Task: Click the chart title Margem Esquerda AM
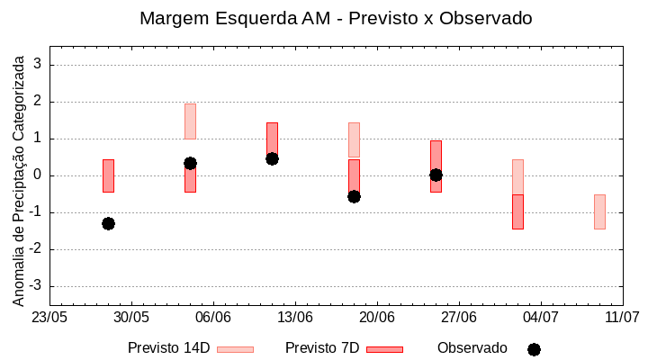(336, 18)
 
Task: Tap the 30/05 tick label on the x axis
(131, 317)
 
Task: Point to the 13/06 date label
(295, 317)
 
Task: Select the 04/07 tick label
(540, 317)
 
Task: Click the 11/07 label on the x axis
(622, 317)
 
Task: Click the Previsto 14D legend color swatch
(235, 349)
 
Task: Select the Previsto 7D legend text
(322, 348)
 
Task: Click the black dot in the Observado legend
(534, 349)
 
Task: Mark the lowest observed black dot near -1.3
(108, 223)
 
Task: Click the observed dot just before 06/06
(190, 163)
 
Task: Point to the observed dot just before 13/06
(272, 158)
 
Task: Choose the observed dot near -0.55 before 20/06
(354, 196)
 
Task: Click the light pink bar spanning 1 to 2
(190, 121)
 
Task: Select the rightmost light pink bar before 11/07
(599, 211)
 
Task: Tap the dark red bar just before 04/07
(517, 211)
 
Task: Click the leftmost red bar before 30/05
(108, 175)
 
